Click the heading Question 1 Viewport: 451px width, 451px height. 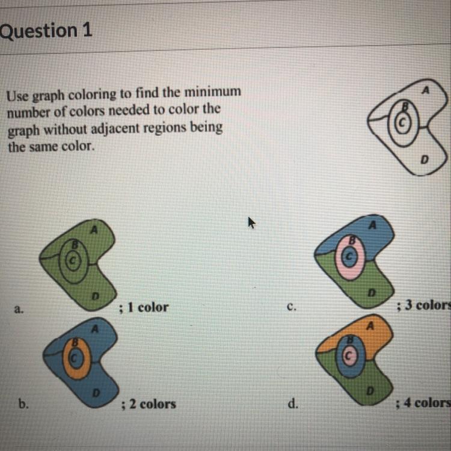click(x=46, y=31)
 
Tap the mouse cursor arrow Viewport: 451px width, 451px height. click(x=251, y=222)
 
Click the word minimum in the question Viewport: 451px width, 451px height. click(x=212, y=92)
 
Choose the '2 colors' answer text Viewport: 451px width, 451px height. click(x=153, y=404)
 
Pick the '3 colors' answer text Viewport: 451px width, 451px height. click(x=428, y=305)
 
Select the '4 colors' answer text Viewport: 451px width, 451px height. click(x=427, y=402)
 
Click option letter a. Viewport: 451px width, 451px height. click(x=19, y=310)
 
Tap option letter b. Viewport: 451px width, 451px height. click(x=23, y=404)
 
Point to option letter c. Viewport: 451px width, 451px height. click(x=291, y=307)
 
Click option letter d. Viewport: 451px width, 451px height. click(x=293, y=403)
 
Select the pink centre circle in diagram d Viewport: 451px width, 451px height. click(x=349, y=356)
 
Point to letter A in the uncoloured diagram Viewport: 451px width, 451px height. click(x=425, y=90)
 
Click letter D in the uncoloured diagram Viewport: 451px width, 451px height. click(x=425, y=159)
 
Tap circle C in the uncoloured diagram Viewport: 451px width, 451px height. click(x=402, y=122)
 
